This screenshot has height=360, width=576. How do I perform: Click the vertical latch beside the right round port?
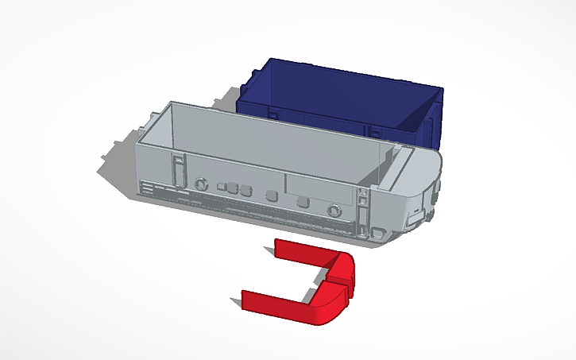362,212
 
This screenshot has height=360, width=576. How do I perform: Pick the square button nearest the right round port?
303,202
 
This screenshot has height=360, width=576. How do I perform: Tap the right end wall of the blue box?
432,119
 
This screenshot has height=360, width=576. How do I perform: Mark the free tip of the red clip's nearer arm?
245,298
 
